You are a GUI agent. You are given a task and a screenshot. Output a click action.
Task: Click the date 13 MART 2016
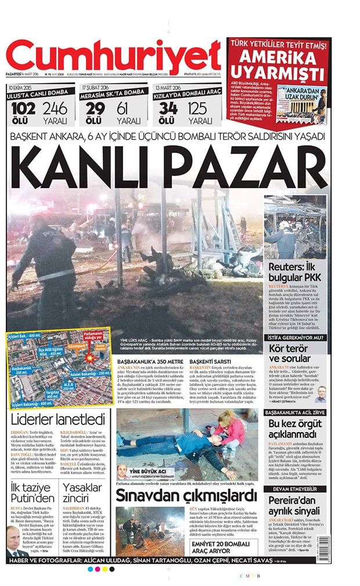pos(170,87)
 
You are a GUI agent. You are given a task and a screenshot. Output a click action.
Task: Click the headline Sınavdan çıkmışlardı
pos(186,495)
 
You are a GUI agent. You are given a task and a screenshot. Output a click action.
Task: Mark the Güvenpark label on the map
pos(77,346)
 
